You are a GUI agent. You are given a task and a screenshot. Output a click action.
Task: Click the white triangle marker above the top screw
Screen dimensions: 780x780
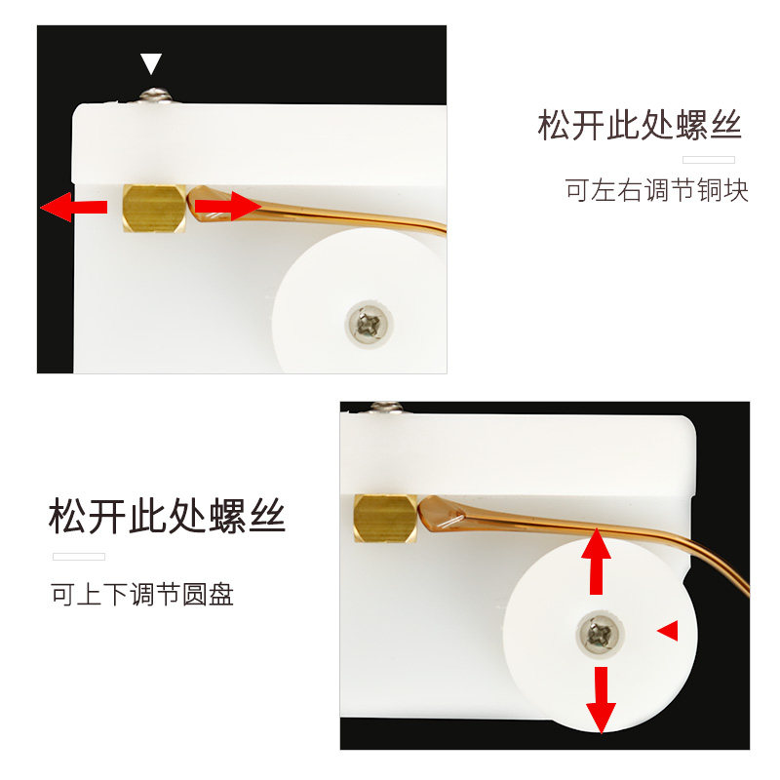[151, 63]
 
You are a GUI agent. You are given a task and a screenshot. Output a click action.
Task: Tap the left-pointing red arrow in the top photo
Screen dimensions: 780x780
[74, 207]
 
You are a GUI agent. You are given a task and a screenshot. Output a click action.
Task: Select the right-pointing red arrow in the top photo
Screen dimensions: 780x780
[227, 206]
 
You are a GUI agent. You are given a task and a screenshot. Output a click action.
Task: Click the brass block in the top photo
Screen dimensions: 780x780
[154, 208]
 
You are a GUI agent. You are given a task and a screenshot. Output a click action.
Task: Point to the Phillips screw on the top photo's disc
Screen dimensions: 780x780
[369, 325]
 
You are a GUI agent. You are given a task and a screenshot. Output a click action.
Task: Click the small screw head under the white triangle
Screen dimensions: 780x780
[155, 95]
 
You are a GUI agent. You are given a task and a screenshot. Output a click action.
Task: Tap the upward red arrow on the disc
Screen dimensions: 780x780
[596, 562]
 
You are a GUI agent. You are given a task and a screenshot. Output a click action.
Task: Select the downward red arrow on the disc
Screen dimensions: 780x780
[601, 700]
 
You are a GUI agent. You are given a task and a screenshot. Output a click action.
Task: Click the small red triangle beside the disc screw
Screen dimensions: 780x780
[668, 630]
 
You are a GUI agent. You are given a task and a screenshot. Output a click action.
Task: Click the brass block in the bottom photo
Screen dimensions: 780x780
[385, 519]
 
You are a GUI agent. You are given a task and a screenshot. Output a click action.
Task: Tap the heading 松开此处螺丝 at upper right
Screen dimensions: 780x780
[640, 125]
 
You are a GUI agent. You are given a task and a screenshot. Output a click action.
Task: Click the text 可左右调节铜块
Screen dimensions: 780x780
[656, 190]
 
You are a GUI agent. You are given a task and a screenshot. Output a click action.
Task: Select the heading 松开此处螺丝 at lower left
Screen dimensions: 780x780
[167, 516]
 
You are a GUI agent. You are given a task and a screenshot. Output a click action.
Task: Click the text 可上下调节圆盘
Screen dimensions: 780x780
[142, 594]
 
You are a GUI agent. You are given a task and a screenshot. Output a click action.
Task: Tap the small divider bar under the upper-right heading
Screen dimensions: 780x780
[709, 160]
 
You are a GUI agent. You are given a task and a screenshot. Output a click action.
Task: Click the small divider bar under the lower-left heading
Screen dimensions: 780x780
[79, 557]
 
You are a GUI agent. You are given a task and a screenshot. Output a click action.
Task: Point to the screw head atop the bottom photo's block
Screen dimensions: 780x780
[386, 407]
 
